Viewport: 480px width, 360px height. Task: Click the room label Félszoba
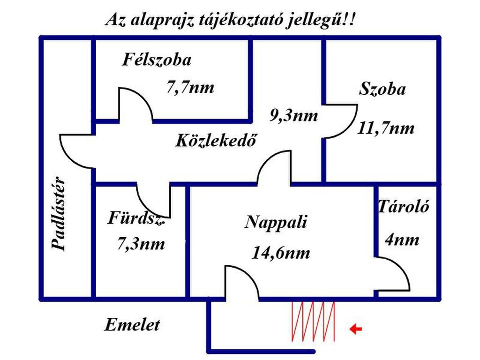pyautogui.click(x=157, y=60)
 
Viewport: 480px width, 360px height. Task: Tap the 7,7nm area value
pyautogui.click(x=190, y=87)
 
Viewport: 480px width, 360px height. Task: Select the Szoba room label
pyautogui.click(x=382, y=89)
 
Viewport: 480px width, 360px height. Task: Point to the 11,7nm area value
pyautogui.click(x=386, y=127)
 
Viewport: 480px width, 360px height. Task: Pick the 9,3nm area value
pyautogui.click(x=293, y=115)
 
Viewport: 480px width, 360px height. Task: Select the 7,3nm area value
pyautogui.click(x=141, y=244)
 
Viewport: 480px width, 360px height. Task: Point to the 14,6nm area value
pyautogui.click(x=281, y=253)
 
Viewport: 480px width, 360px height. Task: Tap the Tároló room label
pyautogui.click(x=404, y=207)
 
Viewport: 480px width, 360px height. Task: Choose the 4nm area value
pyautogui.click(x=402, y=240)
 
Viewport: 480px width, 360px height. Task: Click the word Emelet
pyautogui.click(x=132, y=325)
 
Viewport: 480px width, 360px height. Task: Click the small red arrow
pyautogui.click(x=356, y=330)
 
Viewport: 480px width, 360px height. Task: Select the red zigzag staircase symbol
pyautogui.click(x=313, y=322)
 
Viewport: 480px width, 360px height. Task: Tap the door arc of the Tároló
pyautogui.click(x=398, y=272)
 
